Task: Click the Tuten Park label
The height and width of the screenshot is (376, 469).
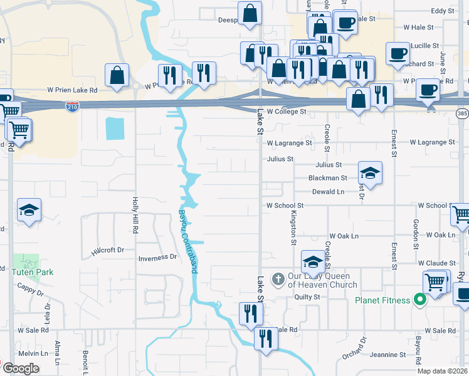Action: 32,272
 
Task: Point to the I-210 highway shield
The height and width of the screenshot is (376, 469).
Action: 72,108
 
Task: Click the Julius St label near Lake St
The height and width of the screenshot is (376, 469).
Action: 280,159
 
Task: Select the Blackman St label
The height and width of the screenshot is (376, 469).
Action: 324,178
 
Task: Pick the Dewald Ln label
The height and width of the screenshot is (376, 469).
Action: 329,192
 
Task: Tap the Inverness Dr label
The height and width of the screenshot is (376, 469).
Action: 157,258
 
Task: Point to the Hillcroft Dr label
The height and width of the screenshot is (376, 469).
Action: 108,249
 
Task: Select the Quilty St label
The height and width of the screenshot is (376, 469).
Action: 307,297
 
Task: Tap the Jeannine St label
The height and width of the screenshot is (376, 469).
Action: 388,355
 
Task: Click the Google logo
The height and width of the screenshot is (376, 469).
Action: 21,368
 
